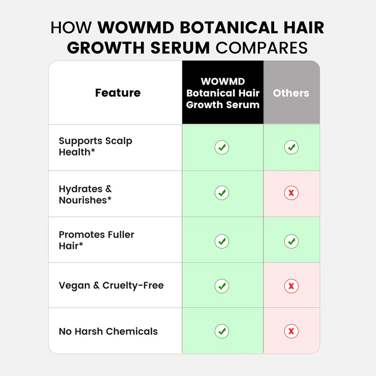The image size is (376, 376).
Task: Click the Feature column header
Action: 117,93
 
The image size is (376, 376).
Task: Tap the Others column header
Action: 291,93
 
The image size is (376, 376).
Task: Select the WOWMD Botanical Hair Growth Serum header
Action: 223,93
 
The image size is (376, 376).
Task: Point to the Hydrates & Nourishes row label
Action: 85,194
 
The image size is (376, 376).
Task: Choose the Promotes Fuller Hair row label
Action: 96,240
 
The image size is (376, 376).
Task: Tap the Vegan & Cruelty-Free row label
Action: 111,285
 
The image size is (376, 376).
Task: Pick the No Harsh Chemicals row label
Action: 108,331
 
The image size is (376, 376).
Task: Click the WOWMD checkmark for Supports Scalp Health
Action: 222,148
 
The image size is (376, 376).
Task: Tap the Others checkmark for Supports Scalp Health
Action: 292,148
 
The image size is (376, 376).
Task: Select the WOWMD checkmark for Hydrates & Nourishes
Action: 222,193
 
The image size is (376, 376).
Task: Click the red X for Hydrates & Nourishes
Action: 292,193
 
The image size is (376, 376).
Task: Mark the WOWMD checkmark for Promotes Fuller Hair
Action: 222,241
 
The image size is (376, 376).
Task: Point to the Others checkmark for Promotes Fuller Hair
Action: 292,241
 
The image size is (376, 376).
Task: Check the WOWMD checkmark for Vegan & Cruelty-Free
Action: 222,286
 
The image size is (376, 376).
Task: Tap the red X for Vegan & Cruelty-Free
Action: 292,286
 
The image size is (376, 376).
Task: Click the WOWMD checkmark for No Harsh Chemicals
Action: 222,331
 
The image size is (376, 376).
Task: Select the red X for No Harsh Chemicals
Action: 292,331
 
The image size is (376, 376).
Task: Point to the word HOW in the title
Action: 72,27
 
